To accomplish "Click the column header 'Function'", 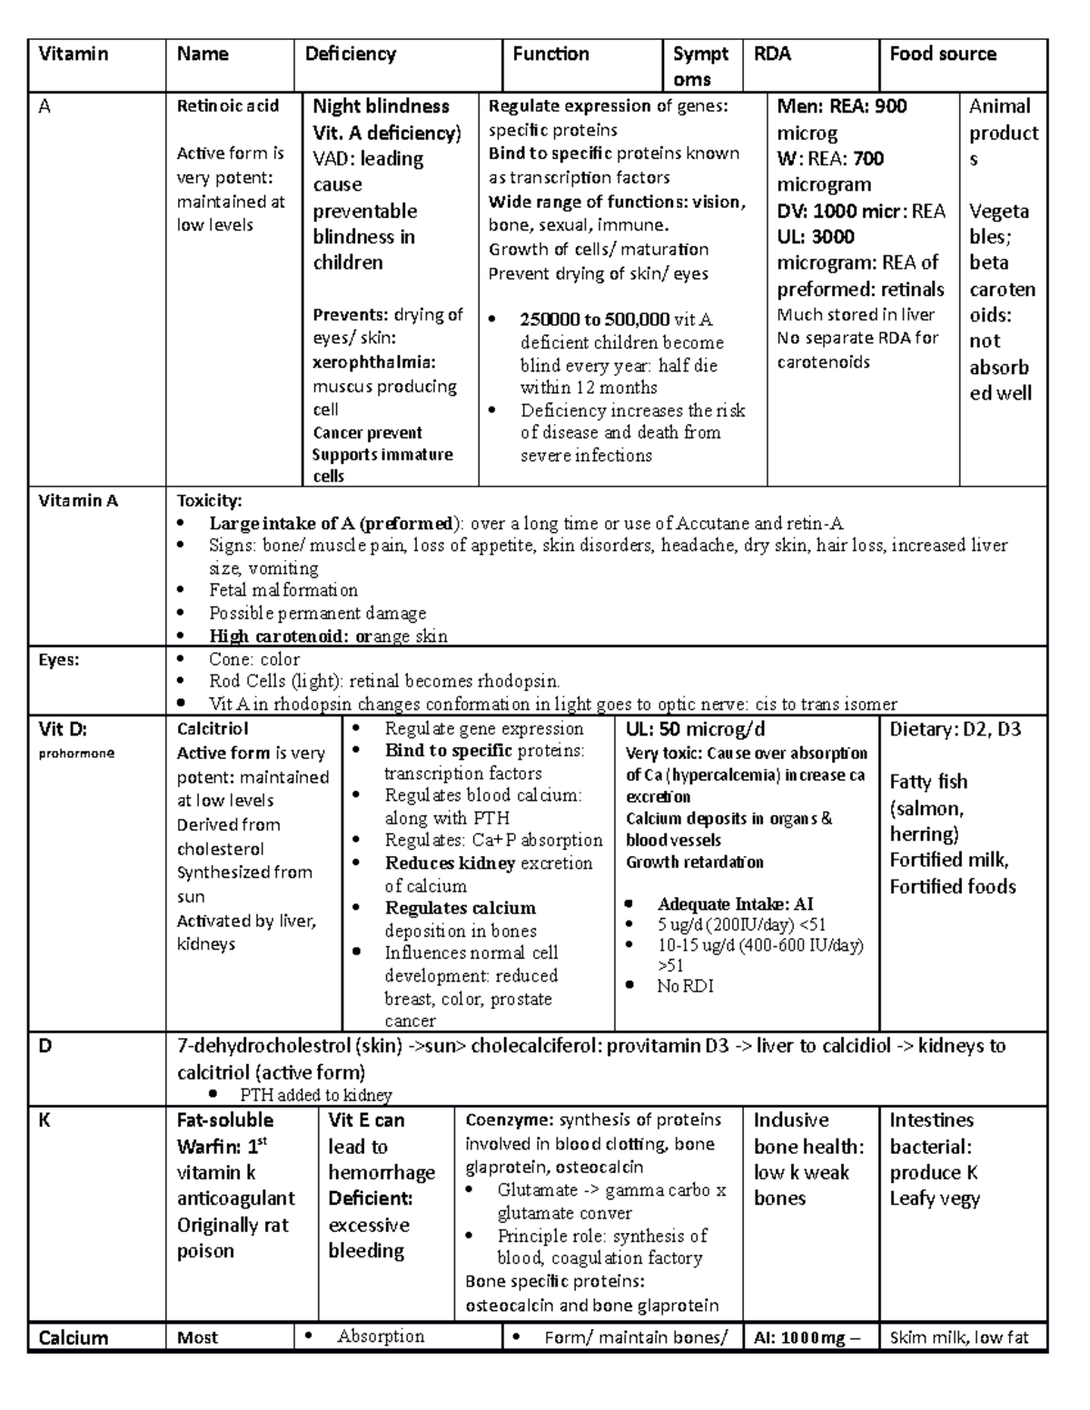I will (x=550, y=54).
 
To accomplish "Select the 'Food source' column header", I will (x=942, y=54).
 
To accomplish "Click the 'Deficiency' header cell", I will (x=351, y=54).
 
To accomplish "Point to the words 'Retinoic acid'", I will (x=227, y=106).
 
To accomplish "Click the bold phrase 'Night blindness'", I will (x=381, y=106).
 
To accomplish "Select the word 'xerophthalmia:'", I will (x=374, y=362).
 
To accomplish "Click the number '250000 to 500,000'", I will (x=594, y=320).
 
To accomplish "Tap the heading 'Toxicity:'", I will (x=209, y=500).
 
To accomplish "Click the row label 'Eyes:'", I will (x=58, y=660).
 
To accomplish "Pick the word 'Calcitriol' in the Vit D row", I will (x=213, y=729).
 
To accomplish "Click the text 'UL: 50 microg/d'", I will (x=695, y=729).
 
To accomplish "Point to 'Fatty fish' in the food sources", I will (x=928, y=782).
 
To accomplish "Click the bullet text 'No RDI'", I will (x=685, y=985).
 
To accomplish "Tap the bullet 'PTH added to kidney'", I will (x=315, y=1095).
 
